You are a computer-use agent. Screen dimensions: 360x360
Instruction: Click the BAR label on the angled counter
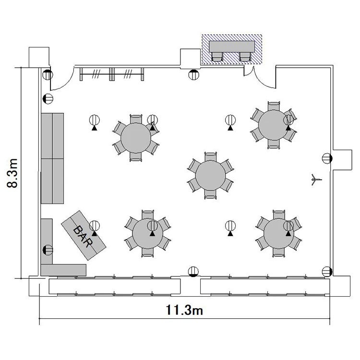[x=83, y=236]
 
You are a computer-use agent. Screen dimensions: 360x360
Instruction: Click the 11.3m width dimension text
[x=184, y=310]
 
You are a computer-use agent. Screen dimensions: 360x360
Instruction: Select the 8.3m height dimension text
[x=12, y=173]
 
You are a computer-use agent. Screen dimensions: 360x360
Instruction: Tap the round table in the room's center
[x=210, y=175]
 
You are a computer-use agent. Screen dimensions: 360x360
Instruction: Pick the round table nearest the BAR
[x=148, y=233]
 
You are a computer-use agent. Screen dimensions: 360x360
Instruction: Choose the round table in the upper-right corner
[x=273, y=125]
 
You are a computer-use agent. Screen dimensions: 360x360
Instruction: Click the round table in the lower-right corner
[x=279, y=233]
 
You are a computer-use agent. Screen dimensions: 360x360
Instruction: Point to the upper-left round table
[x=136, y=138]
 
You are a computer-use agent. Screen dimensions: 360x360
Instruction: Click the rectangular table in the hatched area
[x=232, y=47]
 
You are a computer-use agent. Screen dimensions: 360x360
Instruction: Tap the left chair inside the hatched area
[x=217, y=57]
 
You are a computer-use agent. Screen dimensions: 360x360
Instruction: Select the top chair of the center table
[x=211, y=156]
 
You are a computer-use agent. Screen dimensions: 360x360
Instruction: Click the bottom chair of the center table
[x=210, y=194]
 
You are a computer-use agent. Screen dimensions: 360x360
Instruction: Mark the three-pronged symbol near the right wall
[x=316, y=180]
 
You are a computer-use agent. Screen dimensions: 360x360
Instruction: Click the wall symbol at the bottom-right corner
[x=327, y=272]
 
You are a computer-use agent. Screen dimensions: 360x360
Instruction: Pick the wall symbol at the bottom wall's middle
[x=193, y=272]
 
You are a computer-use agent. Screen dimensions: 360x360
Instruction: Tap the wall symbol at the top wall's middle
[x=194, y=74]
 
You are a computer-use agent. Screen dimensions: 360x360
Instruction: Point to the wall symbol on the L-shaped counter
[x=48, y=250]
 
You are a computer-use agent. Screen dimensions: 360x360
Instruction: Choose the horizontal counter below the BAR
[x=63, y=270]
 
